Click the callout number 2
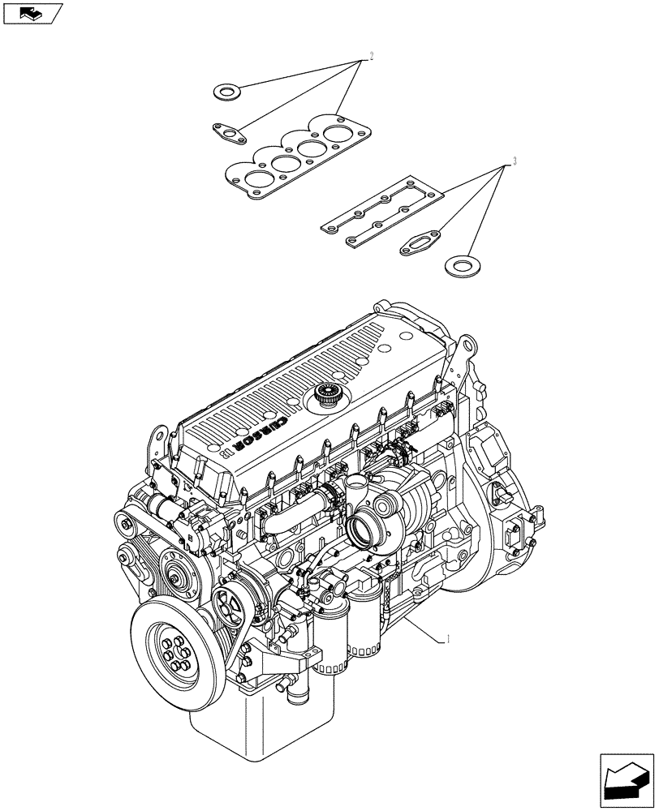[x=371, y=56]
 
